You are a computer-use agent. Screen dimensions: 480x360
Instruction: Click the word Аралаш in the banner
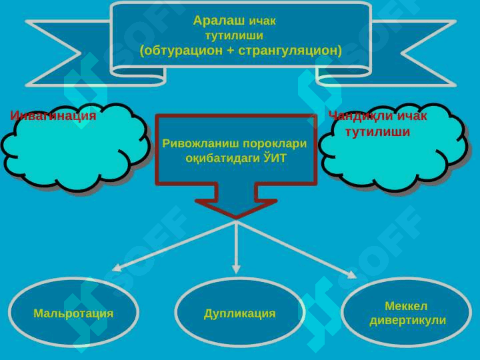[x=219, y=21]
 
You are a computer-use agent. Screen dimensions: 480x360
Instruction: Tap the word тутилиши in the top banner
[x=234, y=35]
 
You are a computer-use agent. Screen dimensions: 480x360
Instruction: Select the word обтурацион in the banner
[x=183, y=50]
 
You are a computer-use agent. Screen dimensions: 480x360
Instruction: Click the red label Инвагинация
[x=53, y=116]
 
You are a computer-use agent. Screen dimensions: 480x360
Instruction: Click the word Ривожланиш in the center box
[x=200, y=143]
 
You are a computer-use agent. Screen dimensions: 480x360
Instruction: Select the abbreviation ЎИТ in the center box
[x=275, y=158]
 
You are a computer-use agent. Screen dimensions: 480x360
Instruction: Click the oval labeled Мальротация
[x=73, y=312]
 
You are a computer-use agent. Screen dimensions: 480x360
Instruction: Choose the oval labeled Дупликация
[x=239, y=312]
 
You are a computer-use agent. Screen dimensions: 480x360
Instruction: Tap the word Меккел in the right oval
[x=406, y=306]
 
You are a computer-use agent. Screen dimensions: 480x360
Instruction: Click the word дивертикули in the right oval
[x=407, y=321]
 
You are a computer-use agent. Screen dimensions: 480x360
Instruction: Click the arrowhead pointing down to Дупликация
[x=236, y=269]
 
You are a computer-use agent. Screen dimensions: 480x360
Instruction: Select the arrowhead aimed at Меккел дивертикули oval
[x=353, y=275]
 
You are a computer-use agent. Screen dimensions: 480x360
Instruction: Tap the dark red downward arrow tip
[x=236, y=218]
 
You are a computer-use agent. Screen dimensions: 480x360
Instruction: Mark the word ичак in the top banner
[x=263, y=21]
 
